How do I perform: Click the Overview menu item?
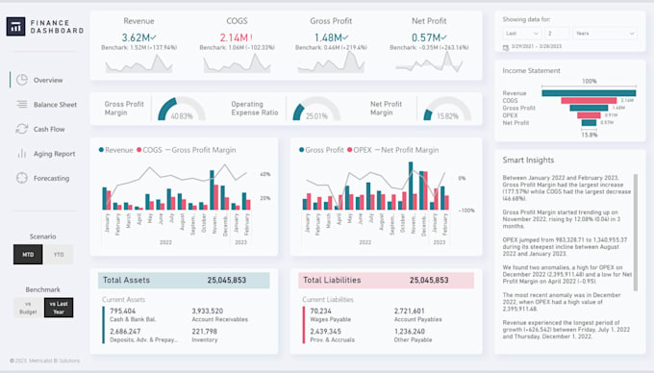pos(46,80)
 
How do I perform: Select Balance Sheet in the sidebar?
pos(54,104)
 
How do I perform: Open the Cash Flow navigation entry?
pos(48,129)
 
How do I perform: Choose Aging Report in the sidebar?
pos(53,153)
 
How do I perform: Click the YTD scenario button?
pos(59,255)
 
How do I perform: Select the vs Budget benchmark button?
pos(28,307)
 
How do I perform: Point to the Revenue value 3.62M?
pos(138,37)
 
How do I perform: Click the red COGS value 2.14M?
pos(236,37)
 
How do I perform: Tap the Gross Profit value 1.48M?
pos(330,37)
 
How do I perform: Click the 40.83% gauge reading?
pos(181,116)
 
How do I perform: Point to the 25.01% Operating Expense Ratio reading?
pos(315,116)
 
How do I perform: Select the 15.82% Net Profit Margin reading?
pos(448,116)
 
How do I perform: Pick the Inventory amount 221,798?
pos(204,331)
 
